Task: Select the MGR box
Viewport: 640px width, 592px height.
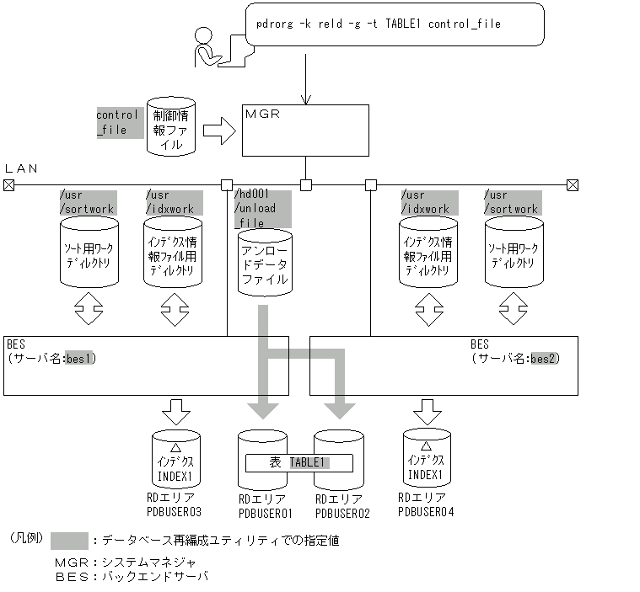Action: (x=305, y=131)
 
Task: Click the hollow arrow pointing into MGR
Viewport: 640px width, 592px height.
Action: (x=218, y=130)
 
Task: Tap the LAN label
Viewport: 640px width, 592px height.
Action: (x=22, y=168)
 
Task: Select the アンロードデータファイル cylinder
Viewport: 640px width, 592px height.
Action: (x=264, y=263)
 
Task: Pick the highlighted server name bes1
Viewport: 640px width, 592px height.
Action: (x=82, y=358)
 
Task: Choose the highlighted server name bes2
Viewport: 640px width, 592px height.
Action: (x=544, y=358)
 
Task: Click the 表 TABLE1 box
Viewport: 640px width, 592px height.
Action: (x=298, y=462)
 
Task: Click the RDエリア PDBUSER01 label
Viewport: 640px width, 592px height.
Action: (x=265, y=505)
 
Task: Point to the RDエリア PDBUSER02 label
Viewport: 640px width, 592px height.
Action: (x=342, y=505)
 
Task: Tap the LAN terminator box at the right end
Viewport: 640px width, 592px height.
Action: (x=573, y=185)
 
